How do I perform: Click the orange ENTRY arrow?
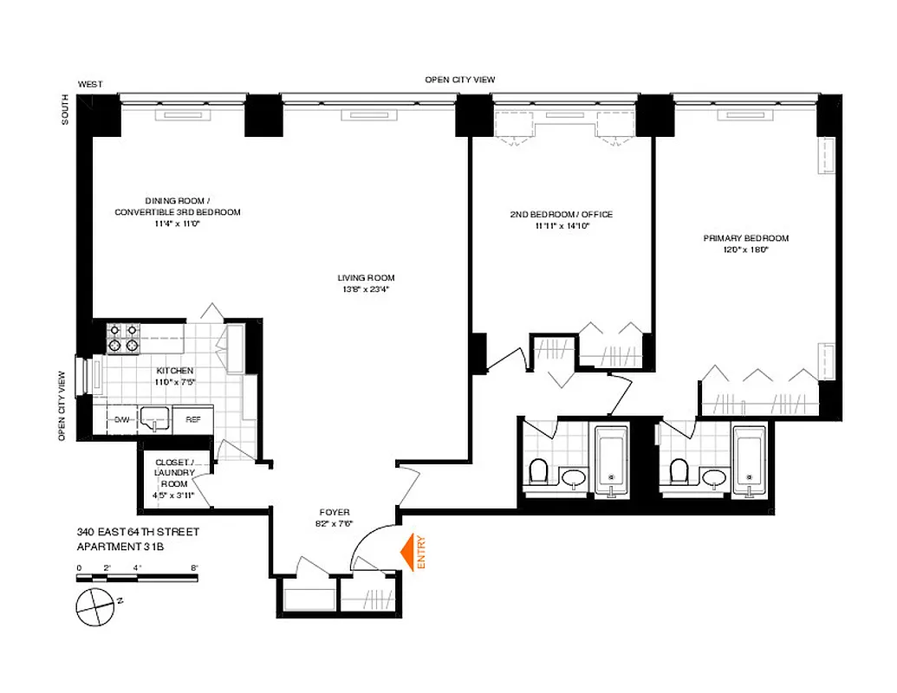405,551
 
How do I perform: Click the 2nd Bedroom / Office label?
562,215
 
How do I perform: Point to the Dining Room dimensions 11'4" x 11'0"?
177,223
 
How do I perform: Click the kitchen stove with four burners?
122,337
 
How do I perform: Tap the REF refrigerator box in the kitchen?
192,420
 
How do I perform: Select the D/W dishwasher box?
121,420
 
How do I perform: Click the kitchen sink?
156,419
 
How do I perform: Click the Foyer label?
333,512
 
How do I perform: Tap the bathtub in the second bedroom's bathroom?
613,461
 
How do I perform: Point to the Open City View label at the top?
459,80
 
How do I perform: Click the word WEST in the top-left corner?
90,84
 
